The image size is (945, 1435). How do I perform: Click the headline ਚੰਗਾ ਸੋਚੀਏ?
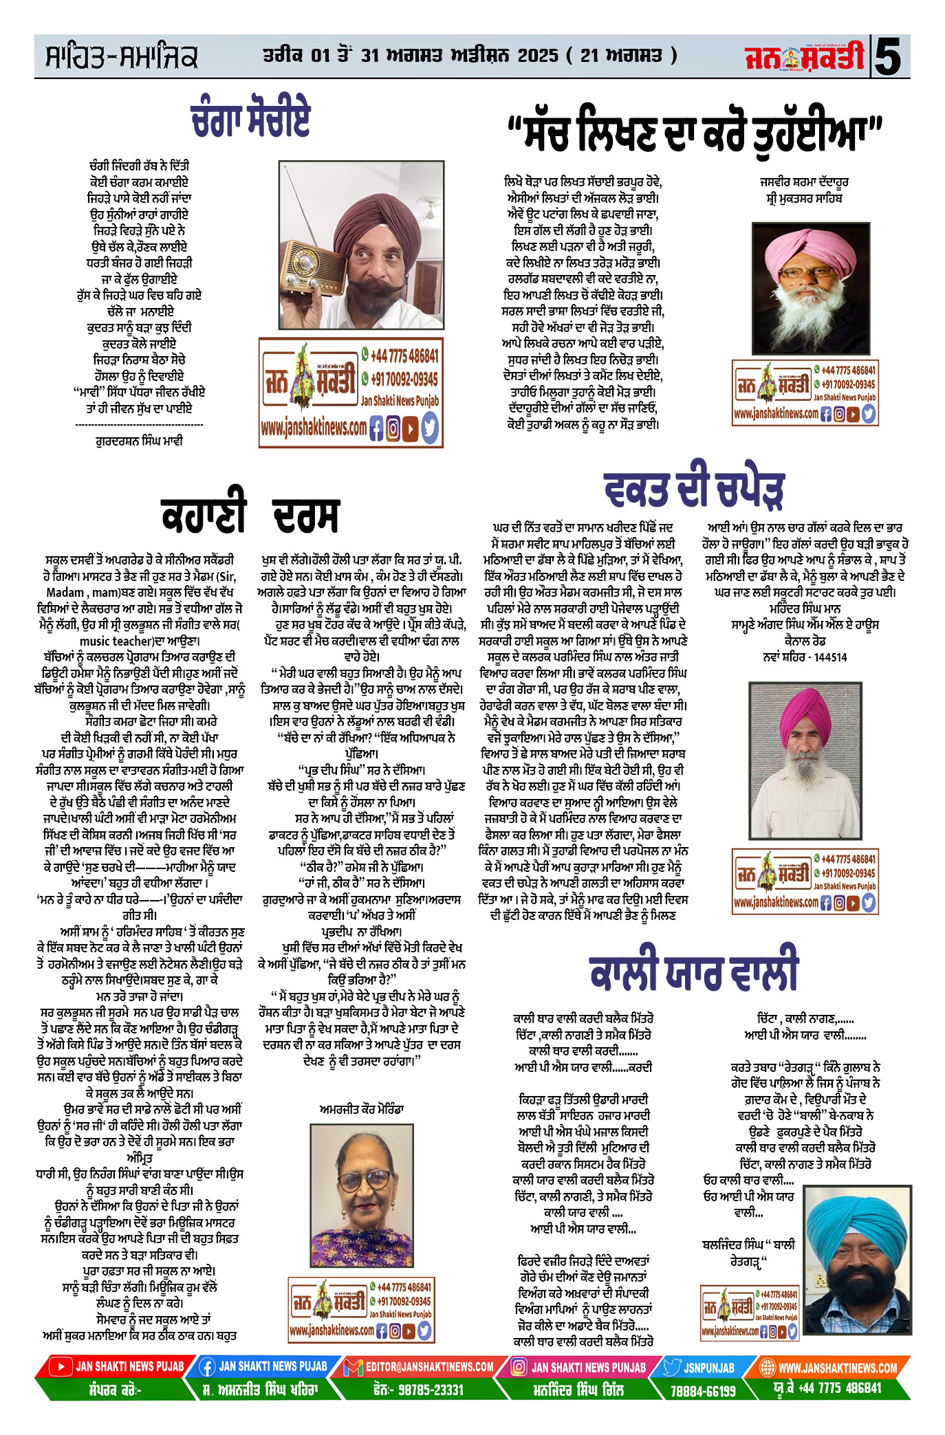tap(250, 120)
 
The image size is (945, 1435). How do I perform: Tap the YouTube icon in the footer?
tap(61, 1367)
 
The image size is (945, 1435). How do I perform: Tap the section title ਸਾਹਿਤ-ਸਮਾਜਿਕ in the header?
tap(121, 58)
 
